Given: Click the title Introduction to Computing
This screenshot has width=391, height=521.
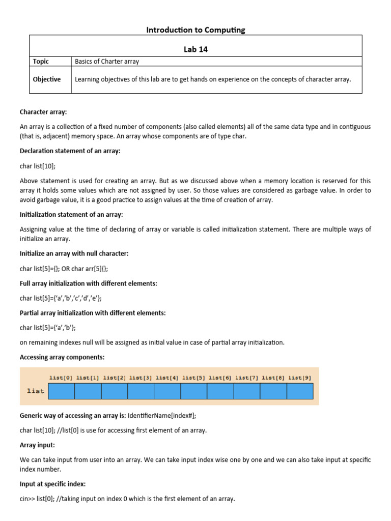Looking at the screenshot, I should [195, 30].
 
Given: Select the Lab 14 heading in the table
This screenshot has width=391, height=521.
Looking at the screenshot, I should [195, 49].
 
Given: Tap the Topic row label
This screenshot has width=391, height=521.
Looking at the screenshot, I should [41, 62].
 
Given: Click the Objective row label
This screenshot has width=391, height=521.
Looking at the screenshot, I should [46, 79].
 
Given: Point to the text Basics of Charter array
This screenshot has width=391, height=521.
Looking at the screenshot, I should [107, 62].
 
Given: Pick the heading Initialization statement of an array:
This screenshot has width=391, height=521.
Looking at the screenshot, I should [71, 215].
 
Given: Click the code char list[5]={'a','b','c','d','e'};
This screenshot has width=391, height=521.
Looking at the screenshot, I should [64, 298].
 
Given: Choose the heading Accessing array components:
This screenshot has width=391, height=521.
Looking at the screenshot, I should [62, 357].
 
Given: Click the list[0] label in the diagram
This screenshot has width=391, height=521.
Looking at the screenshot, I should [61, 378].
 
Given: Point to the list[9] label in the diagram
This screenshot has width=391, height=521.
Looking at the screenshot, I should [300, 378].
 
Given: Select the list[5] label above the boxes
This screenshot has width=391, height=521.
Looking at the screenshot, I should [193, 378].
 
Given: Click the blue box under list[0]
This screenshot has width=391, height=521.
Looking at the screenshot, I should [62, 391].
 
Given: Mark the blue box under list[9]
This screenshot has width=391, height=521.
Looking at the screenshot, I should [300, 391].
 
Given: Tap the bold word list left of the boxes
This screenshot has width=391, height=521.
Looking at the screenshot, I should [35, 391].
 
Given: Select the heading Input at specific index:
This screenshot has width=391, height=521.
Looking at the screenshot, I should [52, 484].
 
